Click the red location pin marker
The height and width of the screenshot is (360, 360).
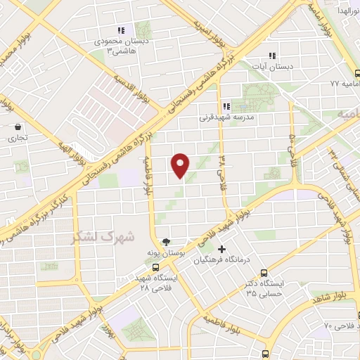181,165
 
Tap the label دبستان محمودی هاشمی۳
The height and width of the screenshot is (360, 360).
119,46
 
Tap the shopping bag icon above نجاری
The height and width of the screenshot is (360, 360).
18,127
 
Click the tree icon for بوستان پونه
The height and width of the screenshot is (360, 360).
165,240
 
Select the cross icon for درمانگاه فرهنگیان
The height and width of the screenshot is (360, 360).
222,249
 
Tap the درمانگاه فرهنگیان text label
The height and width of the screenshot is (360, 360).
222,259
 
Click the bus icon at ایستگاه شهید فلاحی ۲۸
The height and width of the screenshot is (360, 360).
155,266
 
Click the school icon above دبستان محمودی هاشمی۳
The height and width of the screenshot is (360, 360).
121,30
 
